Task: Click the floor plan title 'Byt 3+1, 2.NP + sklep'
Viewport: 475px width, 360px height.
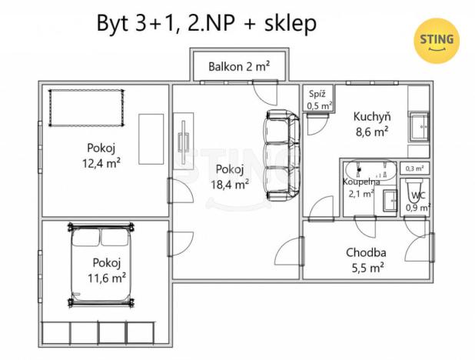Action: click(206, 23)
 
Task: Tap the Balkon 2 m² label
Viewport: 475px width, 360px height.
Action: click(239, 67)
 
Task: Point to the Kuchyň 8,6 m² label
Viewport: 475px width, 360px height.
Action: click(371, 124)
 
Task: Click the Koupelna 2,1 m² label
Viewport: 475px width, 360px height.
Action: click(359, 188)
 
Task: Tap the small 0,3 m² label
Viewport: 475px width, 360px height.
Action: click(415, 168)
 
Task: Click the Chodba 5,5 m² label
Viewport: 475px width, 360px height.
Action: click(365, 259)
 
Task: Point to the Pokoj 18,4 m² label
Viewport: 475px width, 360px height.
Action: click(230, 177)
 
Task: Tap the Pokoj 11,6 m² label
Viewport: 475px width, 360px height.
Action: click(107, 268)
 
